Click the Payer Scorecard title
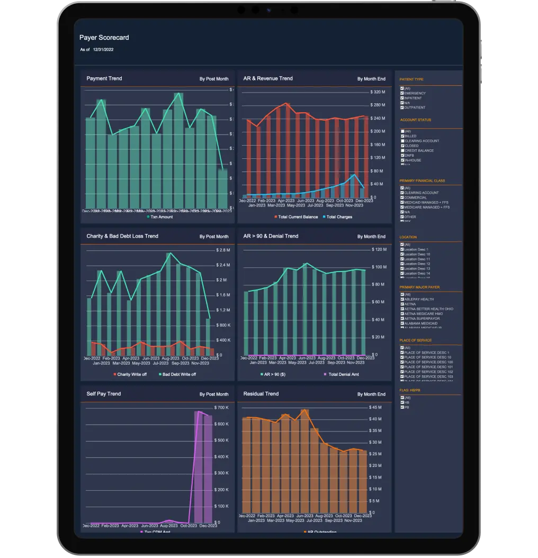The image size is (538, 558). coord(104,38)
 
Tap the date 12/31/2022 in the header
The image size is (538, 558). coord(103,49)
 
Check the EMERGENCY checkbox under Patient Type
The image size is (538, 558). coord(402,93)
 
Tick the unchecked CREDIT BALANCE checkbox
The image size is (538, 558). coord(402,150)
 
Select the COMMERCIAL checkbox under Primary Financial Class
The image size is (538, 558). coord(402,197)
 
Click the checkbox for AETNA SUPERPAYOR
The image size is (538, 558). coord(402,318)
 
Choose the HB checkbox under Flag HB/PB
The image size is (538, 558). coord(402,402)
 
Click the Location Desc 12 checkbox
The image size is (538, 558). coord(402,264)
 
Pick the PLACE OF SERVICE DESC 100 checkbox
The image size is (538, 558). coord(402,362)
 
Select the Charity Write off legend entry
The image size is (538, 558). coord(129,374)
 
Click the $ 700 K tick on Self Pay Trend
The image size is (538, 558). coord(221,408)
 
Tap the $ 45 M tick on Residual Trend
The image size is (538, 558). coord(375,408)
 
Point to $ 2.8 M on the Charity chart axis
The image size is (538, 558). coord(223,250)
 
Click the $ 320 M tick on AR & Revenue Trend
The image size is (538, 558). coord(378,92)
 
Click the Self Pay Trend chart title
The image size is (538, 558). coord(103,394)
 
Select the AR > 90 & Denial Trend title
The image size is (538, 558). coord(270,236)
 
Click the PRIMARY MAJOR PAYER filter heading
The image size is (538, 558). coord(419,287)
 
